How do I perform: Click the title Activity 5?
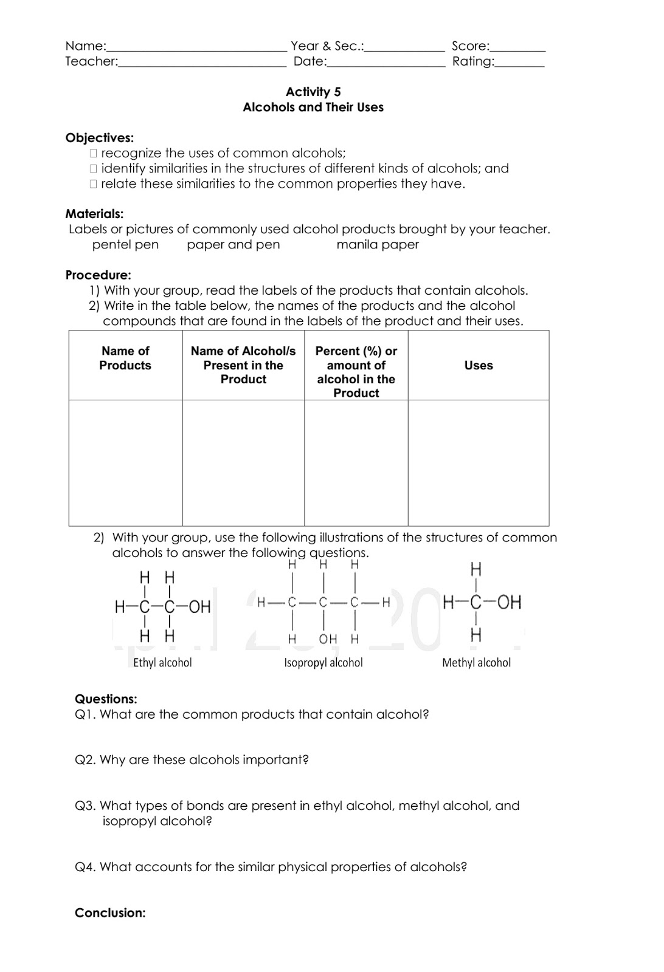313,92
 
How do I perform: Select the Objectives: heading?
100,138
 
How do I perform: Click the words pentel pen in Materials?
125,245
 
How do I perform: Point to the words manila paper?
378,245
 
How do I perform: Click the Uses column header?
479,365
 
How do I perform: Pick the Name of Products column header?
125,358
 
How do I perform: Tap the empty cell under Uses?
479,462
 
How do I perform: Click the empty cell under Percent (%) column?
356,462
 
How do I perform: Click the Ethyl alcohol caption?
162,663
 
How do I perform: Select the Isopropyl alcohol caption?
323,663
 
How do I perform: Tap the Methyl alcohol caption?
476,663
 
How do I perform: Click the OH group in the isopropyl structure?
328,639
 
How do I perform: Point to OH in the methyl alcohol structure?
508,603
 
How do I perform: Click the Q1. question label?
85,714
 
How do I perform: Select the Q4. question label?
85,867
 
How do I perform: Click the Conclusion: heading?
110,912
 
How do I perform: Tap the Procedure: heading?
98,275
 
